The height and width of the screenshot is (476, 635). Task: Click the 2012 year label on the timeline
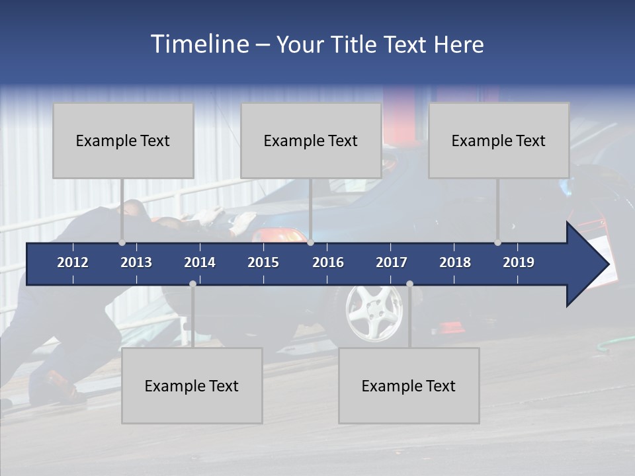pyautogui.click(x=73, y=262)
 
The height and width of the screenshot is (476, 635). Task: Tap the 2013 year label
pyautogui.click(x=136, y=262)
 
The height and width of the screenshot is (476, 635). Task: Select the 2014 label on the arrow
pyautogui.click(x=200, y=262)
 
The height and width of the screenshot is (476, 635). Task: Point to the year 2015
pyautogui.click(x=263, y=262)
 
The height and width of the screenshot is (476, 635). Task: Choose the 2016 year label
pyautogui.click(x=328, y=262)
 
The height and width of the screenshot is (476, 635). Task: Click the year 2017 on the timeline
pyautogui.click(x=392, y=262)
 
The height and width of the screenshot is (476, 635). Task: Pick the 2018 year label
pyautogui.click(x=455, y=262)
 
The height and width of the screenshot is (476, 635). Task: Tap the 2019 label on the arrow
pyautogui.click(x=519, y=262)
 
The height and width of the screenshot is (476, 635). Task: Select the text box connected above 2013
pyautogui.click(x=123, y=140)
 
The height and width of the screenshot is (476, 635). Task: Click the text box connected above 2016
pyautogui.click(x=311, y=140)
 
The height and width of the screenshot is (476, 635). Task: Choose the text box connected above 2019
pyautogui.click(x=499, y=140)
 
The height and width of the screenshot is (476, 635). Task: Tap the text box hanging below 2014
pyautogui.click(x=192, y=385)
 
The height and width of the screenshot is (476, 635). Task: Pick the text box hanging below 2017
pyautogui.click(x=409, y=385)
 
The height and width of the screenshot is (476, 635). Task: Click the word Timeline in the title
pyautogui.click(x=199, y=44)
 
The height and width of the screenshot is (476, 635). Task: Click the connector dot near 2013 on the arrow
pyautogui.click(x=122, y=243)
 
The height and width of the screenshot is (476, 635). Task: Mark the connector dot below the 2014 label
pyautogui.click(x=192, y=284)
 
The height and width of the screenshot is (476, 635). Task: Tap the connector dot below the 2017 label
pyautogui.click(x=409, y=284)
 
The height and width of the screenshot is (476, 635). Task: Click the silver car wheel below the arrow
pyautogui.click(x=374, y=313)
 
